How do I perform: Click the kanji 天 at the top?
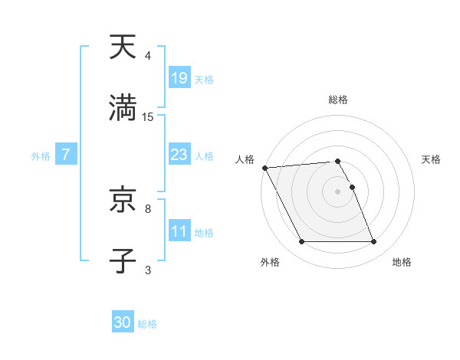(x=123, y=47)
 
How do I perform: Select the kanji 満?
(x=123, y=109)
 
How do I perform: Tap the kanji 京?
(x=123, y=201)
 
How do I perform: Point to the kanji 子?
(x=123, y=261)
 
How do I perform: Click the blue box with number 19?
(x=179, y=78)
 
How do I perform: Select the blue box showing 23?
(x=179, y=155)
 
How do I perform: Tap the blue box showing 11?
(x=179, y=231)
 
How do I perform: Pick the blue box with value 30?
(x=123, y=322)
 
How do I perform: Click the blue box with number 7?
(x=66, y=155)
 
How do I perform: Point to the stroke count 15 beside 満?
(x=148, y=117)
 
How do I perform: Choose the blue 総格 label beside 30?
(x=147, y=324)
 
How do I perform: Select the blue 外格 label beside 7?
(x=41, y=155)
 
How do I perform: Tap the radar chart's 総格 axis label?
(x=338, y=100)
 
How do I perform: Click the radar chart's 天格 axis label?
(x=432, y=159)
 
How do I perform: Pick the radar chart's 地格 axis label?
(x=402, y=263)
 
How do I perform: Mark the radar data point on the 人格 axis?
(x=264, y=168)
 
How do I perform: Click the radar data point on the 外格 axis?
(x=301, y=242)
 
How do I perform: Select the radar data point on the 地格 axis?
(x=373, y=242)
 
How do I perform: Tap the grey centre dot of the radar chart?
(x=337, y=191)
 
